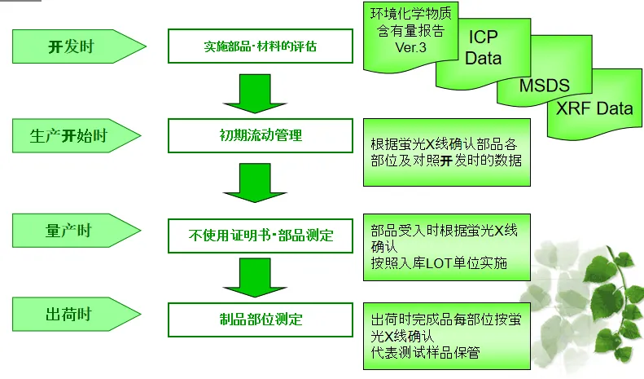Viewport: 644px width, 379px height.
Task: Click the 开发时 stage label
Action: [72, 46]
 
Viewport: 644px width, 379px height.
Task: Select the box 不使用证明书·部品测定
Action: [261, 236]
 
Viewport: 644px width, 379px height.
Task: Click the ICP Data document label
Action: [483, 48]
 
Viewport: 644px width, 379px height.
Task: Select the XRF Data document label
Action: [594, 109]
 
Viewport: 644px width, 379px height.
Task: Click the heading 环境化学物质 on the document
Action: [411, 14]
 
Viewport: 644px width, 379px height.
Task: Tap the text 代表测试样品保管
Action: [424, 352]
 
